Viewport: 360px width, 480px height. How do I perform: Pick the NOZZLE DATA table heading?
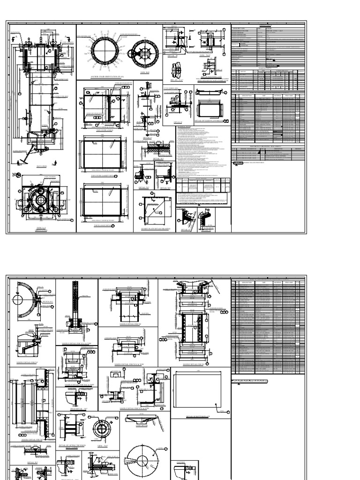268,67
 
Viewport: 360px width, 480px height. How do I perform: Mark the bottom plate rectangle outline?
201,391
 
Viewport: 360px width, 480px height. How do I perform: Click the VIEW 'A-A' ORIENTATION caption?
41,227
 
